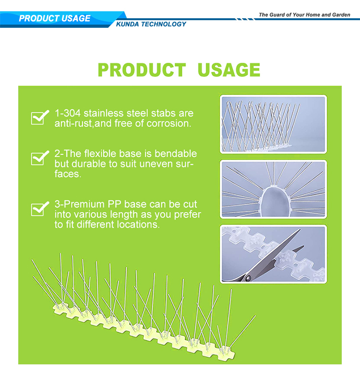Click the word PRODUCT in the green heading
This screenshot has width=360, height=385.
142,70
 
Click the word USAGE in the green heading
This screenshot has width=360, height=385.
229,70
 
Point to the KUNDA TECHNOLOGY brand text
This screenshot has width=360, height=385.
151,24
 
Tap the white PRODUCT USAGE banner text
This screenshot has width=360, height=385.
55,18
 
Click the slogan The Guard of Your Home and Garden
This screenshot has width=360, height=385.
304,15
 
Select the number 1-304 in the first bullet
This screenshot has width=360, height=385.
68,114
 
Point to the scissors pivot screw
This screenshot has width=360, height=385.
249,278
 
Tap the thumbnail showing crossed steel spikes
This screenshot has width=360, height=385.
273,124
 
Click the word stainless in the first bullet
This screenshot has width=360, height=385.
104,114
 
